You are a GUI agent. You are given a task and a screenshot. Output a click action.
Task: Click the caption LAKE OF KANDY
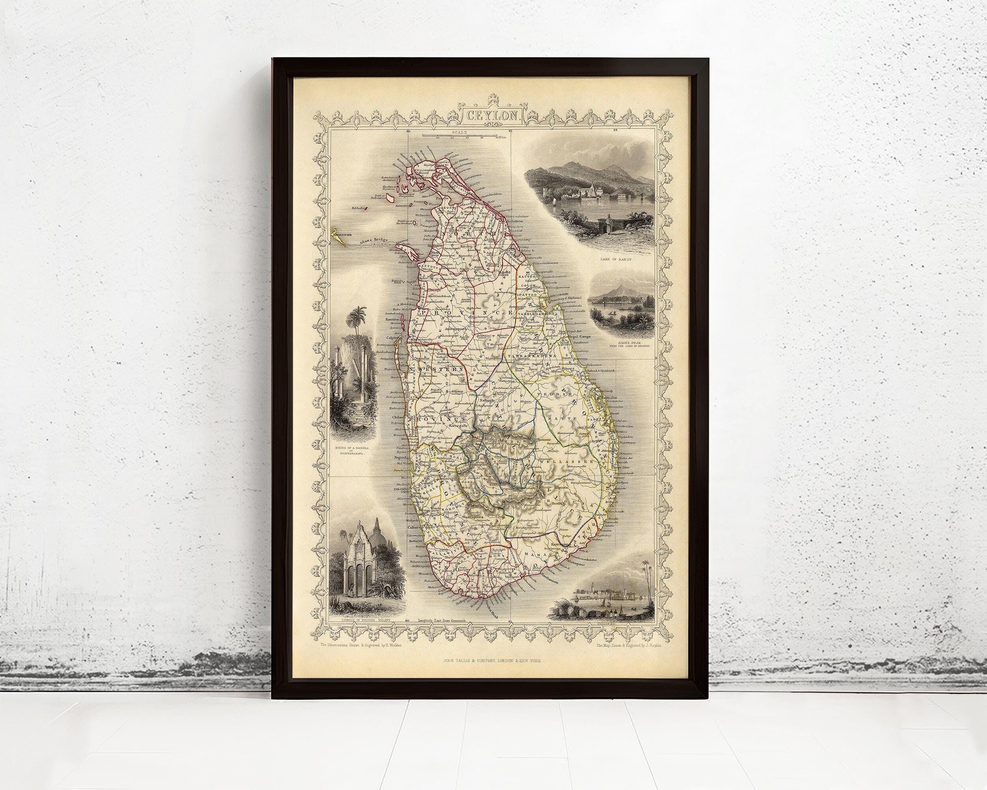tap(614, 259)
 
